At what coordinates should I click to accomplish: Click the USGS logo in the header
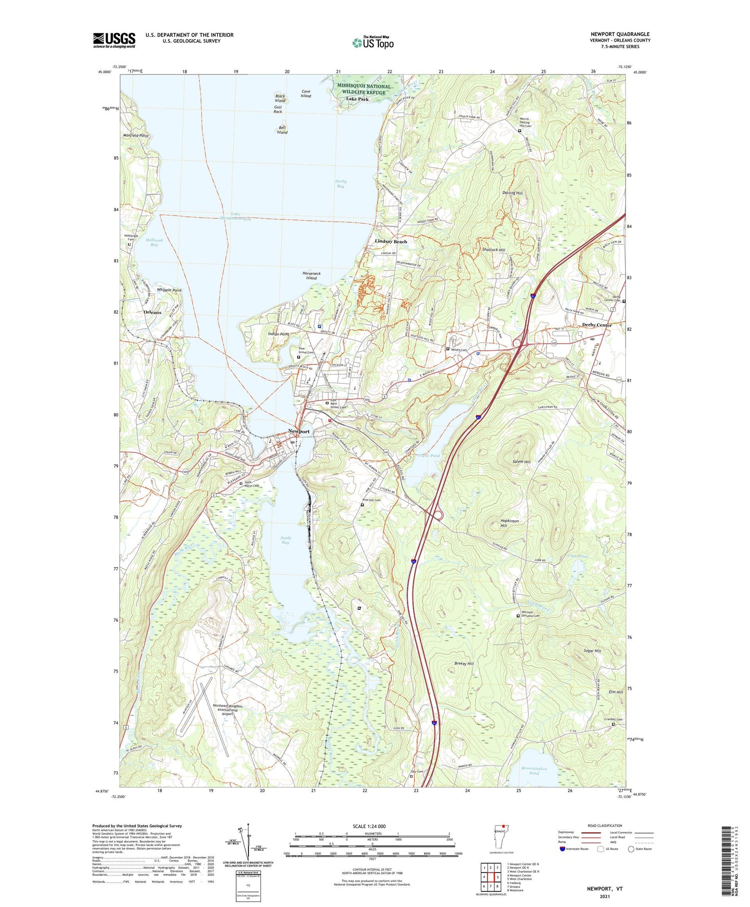[114, 40]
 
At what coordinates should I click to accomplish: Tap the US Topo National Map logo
[373, 43]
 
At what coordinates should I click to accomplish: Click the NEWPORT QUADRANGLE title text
[619, 35]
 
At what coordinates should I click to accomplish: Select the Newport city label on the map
[298, 431]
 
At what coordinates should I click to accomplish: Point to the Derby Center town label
[596, 325]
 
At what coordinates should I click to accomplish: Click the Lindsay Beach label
[390, 242]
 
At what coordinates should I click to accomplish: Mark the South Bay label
[285, 540]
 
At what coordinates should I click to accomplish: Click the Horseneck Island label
[311, 276]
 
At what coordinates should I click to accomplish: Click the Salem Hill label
[521, 462]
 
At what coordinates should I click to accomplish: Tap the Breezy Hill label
[464, 663]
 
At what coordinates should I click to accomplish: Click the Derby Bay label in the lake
[340, 184]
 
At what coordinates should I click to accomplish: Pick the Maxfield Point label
[136, 136]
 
